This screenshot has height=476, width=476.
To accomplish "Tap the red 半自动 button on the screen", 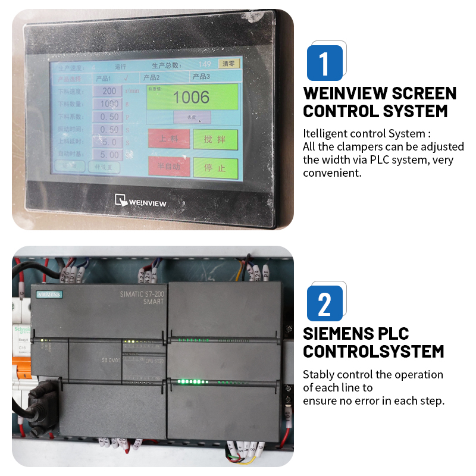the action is click(168, 167).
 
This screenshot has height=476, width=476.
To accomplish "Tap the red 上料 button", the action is click(168, 139).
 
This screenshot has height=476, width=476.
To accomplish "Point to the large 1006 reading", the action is click(192, 97).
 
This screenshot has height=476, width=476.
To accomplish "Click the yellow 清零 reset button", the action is click(229, 64).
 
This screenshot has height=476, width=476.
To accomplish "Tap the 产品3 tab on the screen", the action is click(201, 77).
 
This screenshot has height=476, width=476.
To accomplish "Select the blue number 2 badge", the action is click(325, 303).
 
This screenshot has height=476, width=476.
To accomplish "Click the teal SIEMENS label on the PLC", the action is click(50, 294).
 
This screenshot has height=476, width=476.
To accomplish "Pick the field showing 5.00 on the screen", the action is click(109, 155).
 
